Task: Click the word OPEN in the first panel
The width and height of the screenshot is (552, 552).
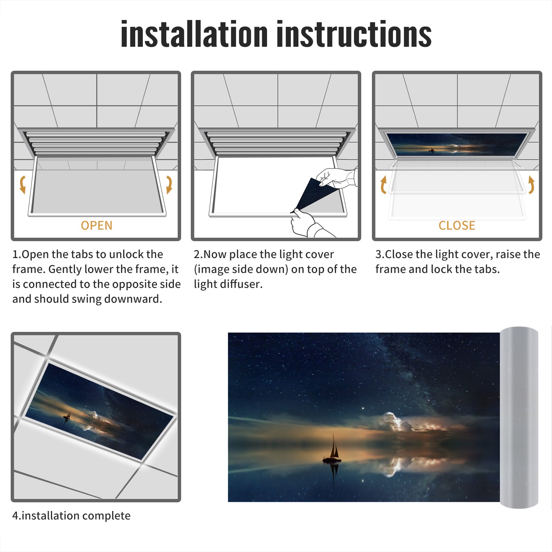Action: (97, 226)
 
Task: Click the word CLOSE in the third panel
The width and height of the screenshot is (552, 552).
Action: (457, 226)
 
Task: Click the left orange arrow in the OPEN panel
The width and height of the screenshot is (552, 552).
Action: (22, 185)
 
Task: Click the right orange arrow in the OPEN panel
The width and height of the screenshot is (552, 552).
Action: (169, 185)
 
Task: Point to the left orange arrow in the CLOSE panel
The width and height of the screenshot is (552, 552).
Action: (383, 185)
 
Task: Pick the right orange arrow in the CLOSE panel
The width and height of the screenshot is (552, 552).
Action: (531, 185)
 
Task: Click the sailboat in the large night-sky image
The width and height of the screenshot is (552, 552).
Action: (332, 448)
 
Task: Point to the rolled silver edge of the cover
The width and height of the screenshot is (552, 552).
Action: (519, 417)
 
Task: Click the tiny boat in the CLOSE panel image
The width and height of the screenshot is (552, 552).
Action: (431, 150)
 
